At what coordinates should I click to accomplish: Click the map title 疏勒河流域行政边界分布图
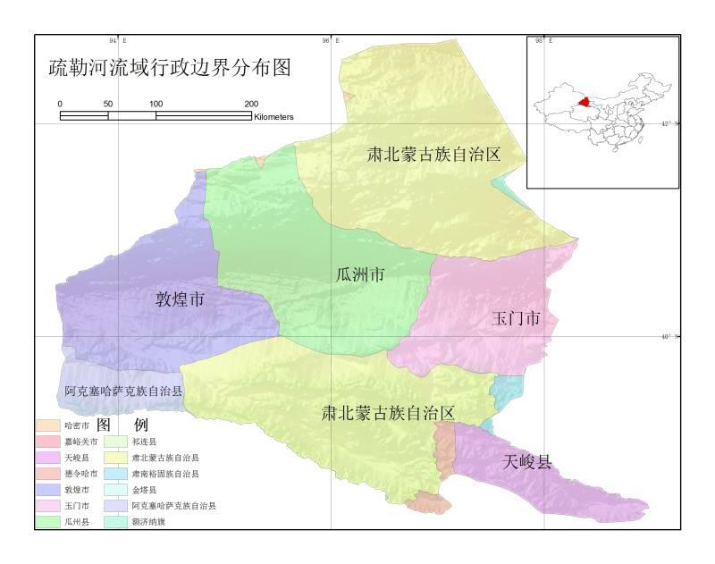pyautogui.click(x=170, y=69)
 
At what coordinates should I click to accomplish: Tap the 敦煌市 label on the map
pyautogui.click(x=181, y=300)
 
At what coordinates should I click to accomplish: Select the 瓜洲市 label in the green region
pyautogui.click(x=359, y=275)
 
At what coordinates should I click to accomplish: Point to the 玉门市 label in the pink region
pyautogui.click(x=516, y=319)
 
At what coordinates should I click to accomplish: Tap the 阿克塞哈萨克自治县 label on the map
pyautogui.click(x=123, y=392)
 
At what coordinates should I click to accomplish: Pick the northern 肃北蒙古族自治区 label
pyautogui.click(x=433, y=154)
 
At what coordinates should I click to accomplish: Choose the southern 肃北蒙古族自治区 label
pyautogui.click(x=389, y=413)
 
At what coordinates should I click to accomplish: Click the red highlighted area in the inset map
pyautogui.click(x=585, y=103)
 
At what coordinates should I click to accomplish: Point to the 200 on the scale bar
pyautogui.click(x=251, y=105)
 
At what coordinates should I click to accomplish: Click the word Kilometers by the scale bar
pyautogui.click(x=273, y=117)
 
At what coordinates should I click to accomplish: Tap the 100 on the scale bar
pyautogui.click(x=156, y=105)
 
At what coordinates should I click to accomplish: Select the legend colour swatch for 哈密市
pyautogui.click(x=48, y=425)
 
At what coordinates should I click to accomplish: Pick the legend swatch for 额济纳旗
pyautogui.click(x=114, y=521)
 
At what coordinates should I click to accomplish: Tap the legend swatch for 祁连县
pyautogui.click(x=114, y=442)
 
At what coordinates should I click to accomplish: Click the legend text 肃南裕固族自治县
pyautogui.click(x=165, y=474)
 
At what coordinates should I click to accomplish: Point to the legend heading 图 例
pyautogui.click(x=122, y=424)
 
